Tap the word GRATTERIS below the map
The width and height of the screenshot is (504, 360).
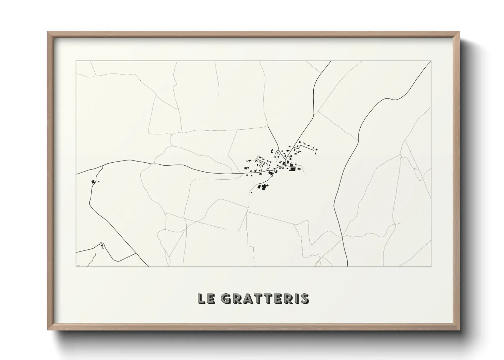265,298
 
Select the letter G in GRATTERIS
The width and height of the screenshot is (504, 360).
226,298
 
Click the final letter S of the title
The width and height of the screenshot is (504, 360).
305,298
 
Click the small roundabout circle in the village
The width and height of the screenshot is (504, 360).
268,169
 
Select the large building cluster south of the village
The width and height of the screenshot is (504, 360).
263,187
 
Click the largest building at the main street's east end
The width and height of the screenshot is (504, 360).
293,169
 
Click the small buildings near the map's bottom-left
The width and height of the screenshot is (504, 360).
102,245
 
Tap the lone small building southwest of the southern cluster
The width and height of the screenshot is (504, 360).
252,193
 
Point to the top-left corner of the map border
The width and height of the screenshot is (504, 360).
76,61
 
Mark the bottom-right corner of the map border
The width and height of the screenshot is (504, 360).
431,266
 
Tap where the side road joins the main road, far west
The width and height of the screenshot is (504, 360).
102,166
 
